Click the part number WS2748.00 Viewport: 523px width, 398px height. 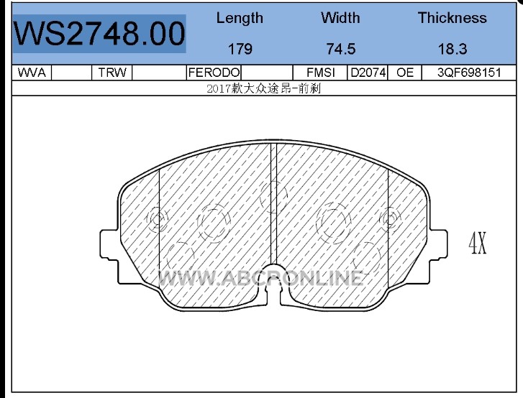(x=99, y=33)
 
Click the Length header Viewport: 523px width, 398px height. (x=240, y=18)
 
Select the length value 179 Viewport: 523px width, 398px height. (x=240, y=49)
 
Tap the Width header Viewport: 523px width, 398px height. (x=340, y=18)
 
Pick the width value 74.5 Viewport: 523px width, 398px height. (x=341, y=49)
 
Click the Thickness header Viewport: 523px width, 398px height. (x=452, y=18)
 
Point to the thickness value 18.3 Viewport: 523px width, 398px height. (x=452, y=49)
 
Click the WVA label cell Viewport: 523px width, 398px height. (x=32, y=73)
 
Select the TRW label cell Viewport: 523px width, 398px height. (x=112, y=73)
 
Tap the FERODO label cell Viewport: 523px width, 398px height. (x=214, y=73)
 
